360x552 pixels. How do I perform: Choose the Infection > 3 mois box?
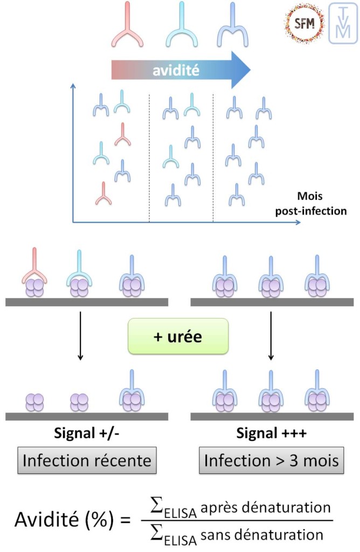[x=272, y=462]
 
